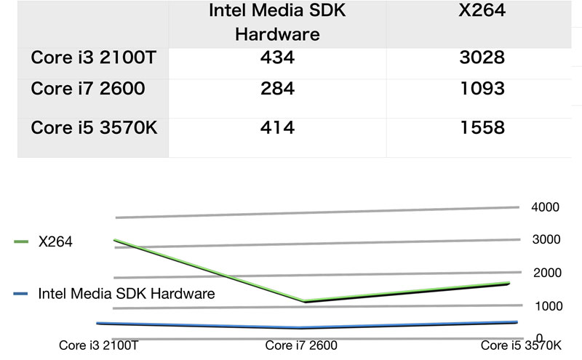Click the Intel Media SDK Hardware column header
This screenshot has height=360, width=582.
(x=277, y=23)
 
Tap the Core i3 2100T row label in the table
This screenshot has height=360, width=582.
(x=93, y=57)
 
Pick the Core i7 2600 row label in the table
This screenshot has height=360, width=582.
(x=88, y=89)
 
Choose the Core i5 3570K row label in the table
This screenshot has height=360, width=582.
(x=95, y=128)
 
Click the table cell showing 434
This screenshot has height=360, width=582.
(x=277, y=57)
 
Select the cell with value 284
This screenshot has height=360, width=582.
(x=277, y=89)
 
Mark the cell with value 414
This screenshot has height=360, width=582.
(x=277, y=128)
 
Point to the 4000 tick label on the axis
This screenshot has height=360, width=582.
(x=545, y=207)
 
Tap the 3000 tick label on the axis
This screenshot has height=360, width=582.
(x=545, y=239)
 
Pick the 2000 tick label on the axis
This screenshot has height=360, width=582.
(x=545, y=273)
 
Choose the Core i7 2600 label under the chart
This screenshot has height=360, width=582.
(x=300, y=345)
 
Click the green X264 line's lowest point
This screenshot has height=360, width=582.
(x=300, y=301)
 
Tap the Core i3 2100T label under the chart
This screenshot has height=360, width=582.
(x=98, y=345)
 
